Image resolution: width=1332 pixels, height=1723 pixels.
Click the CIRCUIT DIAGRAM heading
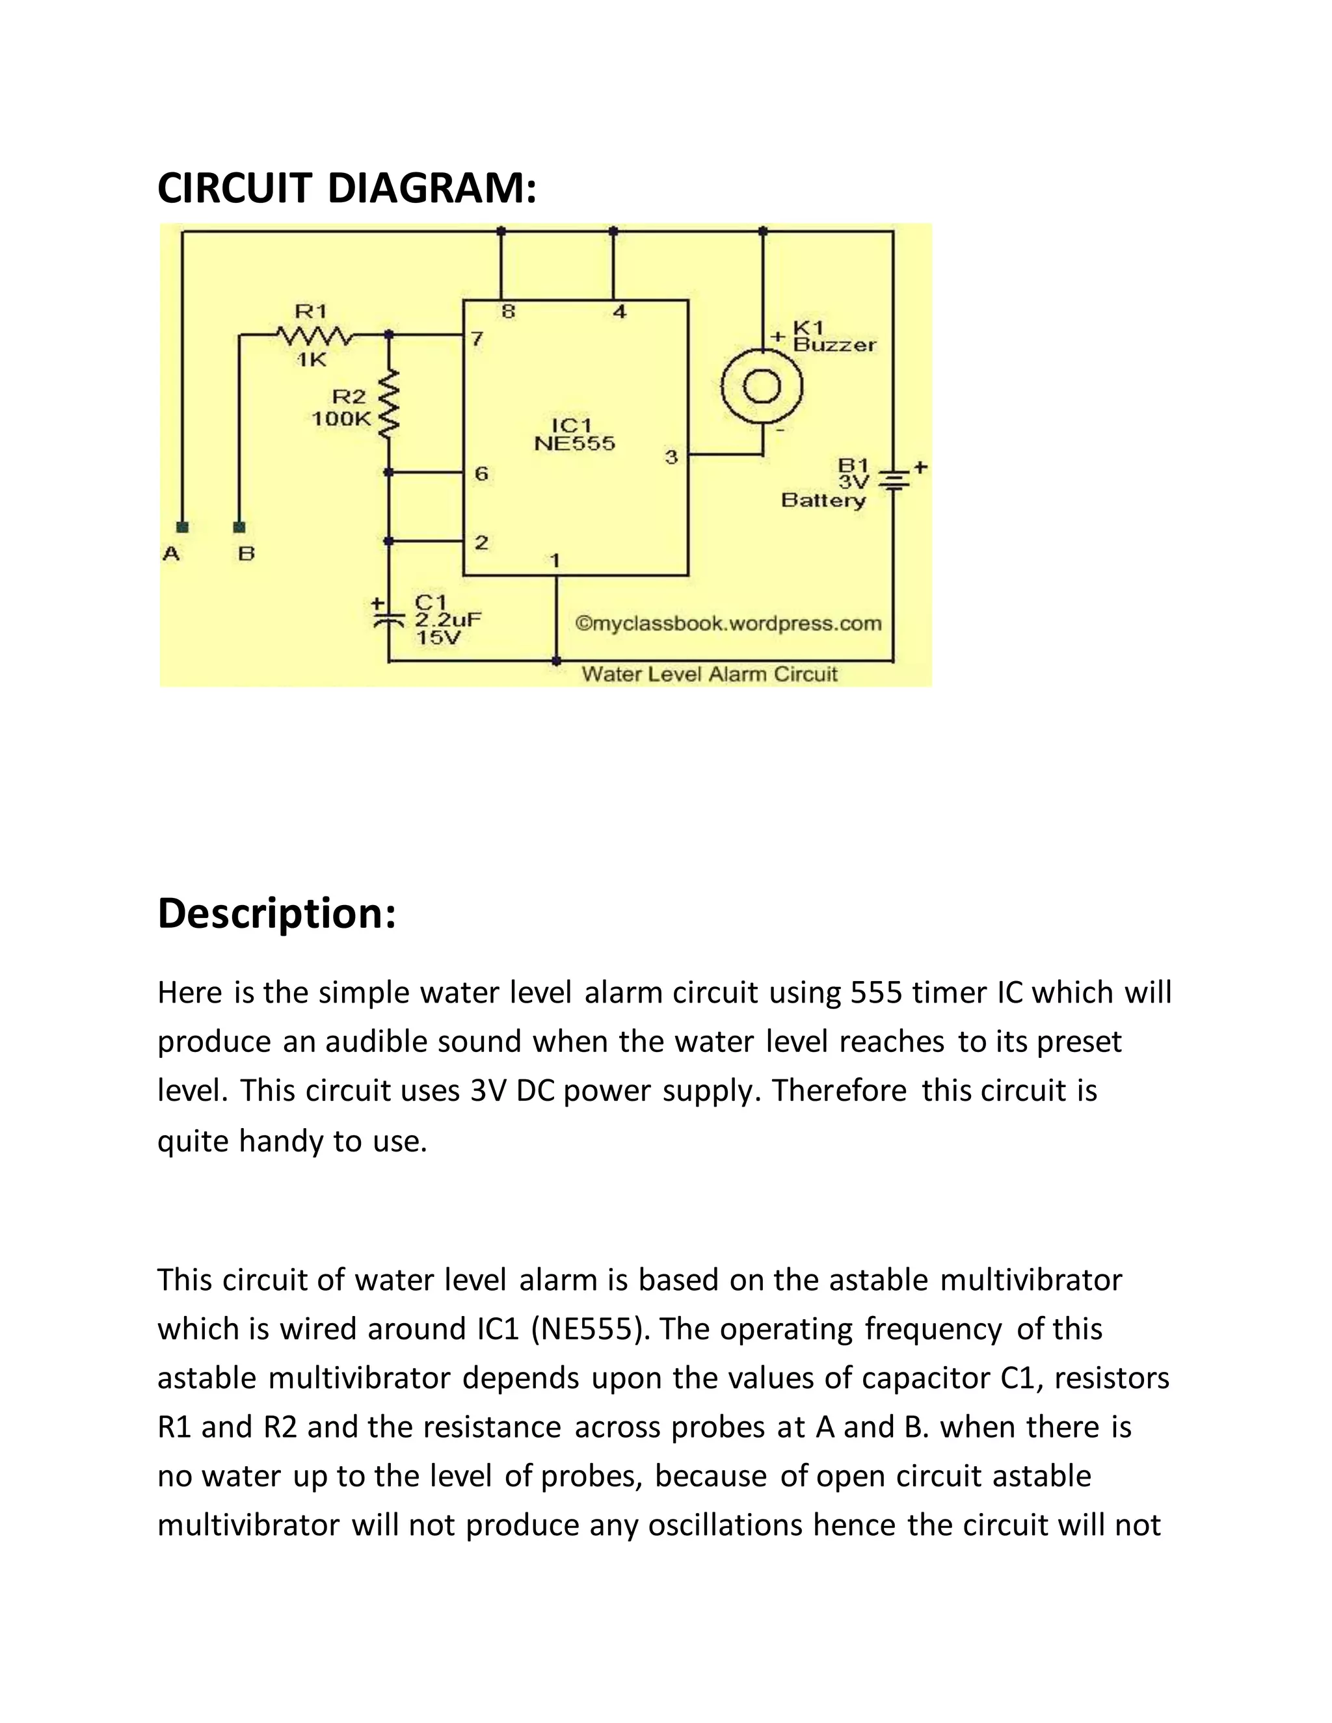pyautogui.click(x=347, y=188)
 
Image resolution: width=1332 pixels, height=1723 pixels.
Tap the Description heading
pyautogui.click(x=276, y=913)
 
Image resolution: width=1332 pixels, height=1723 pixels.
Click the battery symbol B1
pyautogui.click(x=893, y=479)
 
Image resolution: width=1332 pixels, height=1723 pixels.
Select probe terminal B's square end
pyautogui.click(x=240, y=526)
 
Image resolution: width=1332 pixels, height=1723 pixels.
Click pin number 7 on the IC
pyautogui.click(x=477, y=339)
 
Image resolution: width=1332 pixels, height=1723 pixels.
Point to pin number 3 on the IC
pyautogui.click(x=671, y=457)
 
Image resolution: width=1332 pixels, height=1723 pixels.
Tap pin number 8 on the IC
pyautogui.click(x=508, y=311)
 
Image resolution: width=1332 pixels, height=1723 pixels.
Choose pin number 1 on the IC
pyautogui.click(x=555, y=560)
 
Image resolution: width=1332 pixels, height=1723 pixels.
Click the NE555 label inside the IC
pyautogui.click(x=574, y=443)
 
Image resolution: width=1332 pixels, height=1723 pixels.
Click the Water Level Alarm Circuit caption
pyautogui.click(x=710, y=674)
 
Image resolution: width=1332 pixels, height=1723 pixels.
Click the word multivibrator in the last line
pyautogui.click(x=248, y=1525)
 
